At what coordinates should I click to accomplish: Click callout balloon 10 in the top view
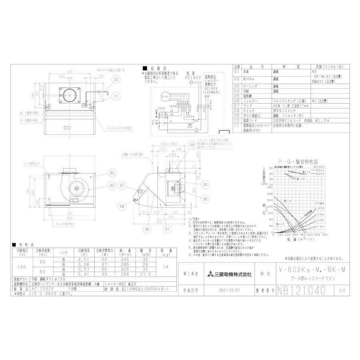(116, 80)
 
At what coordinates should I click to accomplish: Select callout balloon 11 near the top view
(116, 96)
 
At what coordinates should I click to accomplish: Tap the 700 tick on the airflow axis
(325, 234)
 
